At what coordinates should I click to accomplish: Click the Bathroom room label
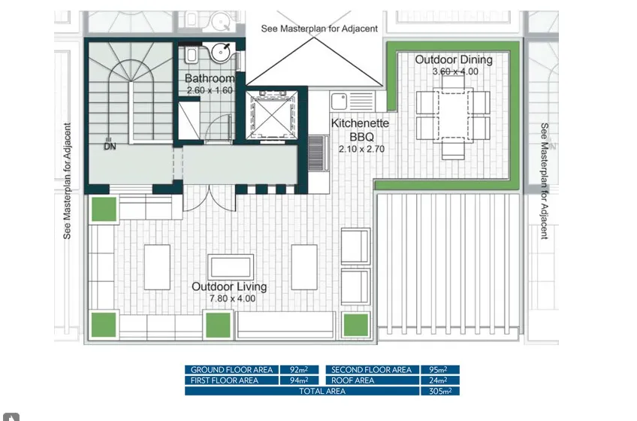pos(210,78)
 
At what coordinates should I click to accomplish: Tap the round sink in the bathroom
pos(221,53)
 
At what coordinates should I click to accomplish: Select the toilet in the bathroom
pos(192,55)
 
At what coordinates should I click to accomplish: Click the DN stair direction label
pos(110,146)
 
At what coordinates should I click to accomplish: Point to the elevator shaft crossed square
pos(272,115)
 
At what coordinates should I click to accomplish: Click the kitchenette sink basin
pos(339,101)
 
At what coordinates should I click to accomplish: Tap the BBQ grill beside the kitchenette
pos(315,153)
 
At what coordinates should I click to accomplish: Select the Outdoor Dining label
pos(454,60)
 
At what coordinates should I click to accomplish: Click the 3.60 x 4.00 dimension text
pos(455,71)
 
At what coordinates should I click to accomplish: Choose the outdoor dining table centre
pos(453,115)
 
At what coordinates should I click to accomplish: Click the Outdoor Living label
pos(229,286)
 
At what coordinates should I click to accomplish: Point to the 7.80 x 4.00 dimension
pos(232,298)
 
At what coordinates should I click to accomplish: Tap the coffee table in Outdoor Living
pos(231,267)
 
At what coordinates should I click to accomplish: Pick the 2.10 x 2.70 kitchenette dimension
pos(361,150)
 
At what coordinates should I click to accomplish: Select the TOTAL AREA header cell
pos(302,391)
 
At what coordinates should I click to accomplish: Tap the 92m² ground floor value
pos(299,370)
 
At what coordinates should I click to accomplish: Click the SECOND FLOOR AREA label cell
pos(372,370)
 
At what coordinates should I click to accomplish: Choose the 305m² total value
pos(440,392)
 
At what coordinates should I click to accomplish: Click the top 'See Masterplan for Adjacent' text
pos(319,29)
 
